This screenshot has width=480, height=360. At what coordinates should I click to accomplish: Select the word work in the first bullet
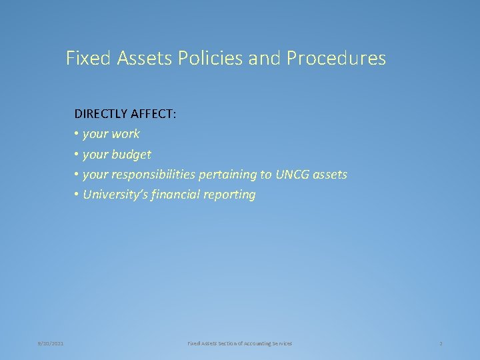125,134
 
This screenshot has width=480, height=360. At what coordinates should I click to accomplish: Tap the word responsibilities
153,175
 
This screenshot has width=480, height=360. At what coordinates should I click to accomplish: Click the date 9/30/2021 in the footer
51,343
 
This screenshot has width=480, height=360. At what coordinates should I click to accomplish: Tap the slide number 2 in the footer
441,343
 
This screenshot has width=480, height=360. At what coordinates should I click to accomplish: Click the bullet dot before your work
77,134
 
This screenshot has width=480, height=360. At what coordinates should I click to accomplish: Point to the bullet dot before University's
77,195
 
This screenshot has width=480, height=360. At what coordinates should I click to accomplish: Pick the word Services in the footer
281,343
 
